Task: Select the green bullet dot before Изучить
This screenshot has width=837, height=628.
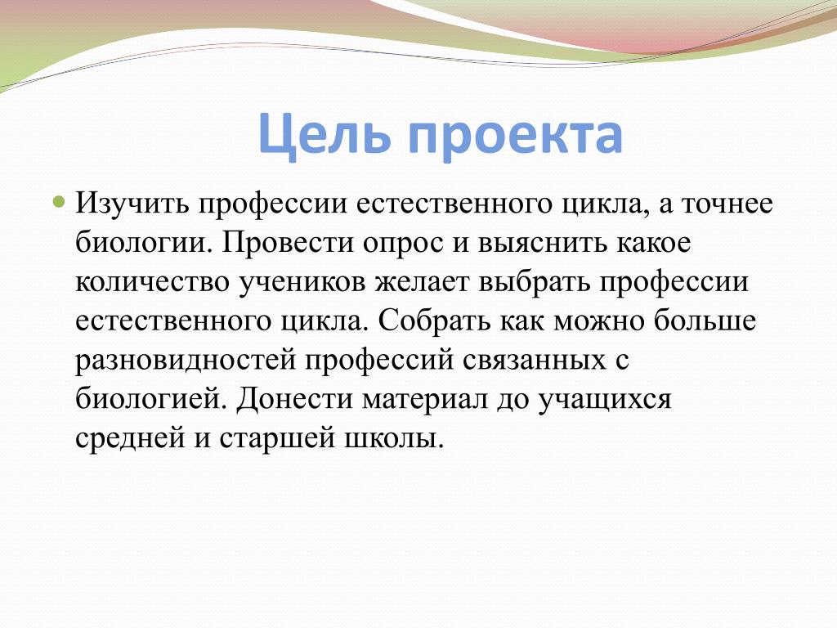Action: click(59, 203)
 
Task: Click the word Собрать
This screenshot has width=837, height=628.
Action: click(435, 321)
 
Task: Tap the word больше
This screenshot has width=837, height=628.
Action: click(705, 321)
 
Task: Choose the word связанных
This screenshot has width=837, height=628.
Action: click(535, 361)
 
